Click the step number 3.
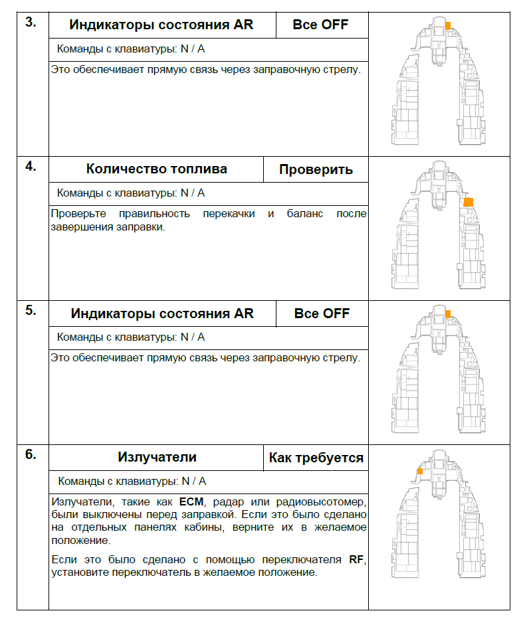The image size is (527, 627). tap(31, 22)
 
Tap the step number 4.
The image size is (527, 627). tap(31, 166)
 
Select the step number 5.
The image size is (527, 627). tap(31, 310)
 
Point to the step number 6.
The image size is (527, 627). tap(31, 455)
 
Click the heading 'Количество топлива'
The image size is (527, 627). tap(156, 169)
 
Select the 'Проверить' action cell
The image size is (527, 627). tap(316, 169)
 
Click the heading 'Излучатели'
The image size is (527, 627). tap(157, 457)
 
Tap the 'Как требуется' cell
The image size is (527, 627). tap(316, 458)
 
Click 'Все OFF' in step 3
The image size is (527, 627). tap(321, 25)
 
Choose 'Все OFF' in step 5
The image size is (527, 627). tap(321, 313)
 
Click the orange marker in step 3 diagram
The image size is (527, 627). tap(447, 25)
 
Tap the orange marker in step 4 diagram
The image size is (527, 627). tap(468, 201)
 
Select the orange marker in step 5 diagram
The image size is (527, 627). tap(447, 313)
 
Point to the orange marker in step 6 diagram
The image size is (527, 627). tap(419, 471)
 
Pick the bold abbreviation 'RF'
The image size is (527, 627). tap(356, 559)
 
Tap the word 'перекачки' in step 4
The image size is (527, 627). tap(224, 214)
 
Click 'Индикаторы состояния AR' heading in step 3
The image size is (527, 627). tap(161, 25)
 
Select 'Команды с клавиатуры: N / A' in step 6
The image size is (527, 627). tap(132, 481)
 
